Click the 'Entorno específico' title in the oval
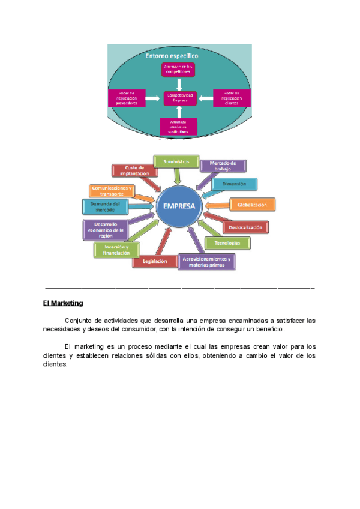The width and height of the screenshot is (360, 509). click(x=172, y=56)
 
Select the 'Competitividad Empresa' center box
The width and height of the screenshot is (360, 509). click(x=179, y=98)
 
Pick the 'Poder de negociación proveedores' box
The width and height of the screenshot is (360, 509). click(x=128, y=98)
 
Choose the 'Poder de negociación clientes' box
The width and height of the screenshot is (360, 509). click(x=230, y=98)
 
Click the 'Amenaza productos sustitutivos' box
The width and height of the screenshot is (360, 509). click(x=179, y=126)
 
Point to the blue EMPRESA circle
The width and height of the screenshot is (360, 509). click(x=179, y=206)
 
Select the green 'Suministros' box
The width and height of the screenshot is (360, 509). click(x=176, y=161)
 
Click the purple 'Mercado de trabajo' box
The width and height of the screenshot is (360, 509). click(x=222, y=166)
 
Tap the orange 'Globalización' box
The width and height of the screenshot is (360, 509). click(x=253, y=204)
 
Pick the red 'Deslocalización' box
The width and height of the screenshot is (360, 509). click(x=245, y=227)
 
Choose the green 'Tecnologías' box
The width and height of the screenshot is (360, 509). click(x=227, y=242)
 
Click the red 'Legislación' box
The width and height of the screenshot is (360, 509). click(x=155, y=261)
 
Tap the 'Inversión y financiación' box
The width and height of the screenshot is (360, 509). click(x=116, y=250)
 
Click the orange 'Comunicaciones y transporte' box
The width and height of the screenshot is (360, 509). click(x=112, y=191)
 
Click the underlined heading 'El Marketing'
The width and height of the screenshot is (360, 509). click(x=63, y=303)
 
